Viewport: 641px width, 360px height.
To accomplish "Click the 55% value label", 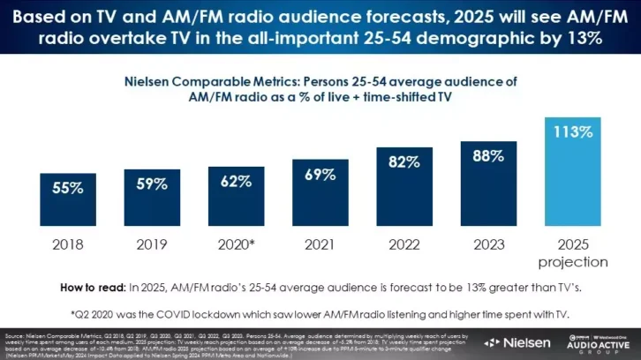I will [68, 188].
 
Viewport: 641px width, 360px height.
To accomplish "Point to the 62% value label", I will [236, 182].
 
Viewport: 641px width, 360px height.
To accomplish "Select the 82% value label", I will [403, 162].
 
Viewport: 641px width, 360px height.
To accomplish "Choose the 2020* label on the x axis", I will [236, 244].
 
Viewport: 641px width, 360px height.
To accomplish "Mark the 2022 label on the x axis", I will [403, 244].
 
